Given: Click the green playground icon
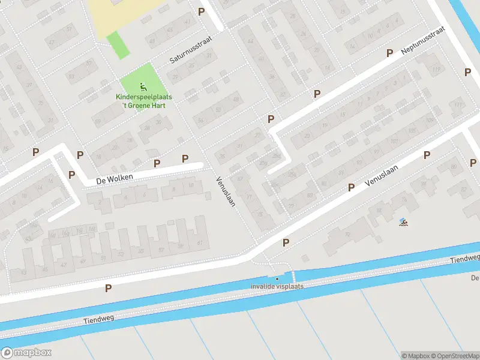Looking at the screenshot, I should pos(142,86).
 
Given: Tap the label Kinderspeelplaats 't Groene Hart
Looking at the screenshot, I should pos(141,101).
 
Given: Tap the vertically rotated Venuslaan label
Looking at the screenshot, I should pos(225,192).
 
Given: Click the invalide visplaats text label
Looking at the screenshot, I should pos(277,286).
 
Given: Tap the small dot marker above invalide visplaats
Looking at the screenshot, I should pos(277,278).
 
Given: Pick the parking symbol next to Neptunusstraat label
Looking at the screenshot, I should pos(389,53).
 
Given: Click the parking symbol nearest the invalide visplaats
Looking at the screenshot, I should pos(286,243).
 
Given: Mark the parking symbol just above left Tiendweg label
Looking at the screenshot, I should pos(108,289).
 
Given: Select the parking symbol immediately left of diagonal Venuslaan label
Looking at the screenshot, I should pos(351,188).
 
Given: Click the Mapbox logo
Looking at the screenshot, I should pos(26,352).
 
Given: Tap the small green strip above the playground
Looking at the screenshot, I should pos(118,45).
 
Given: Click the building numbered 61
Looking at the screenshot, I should pos(199,243).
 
